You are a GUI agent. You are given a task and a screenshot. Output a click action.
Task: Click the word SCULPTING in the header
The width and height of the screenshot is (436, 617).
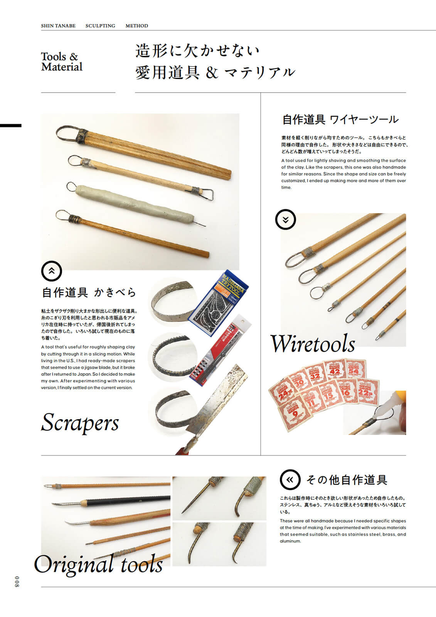[100, 26]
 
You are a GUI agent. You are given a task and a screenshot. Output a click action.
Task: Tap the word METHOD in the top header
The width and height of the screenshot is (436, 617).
[136, 26]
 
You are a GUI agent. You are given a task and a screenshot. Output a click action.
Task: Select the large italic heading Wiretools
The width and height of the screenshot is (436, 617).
[312, 344]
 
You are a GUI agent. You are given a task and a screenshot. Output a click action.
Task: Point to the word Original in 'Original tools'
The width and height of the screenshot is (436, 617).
[73, 565]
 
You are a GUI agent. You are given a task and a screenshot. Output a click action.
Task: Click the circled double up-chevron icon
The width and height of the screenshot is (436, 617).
[51, 271]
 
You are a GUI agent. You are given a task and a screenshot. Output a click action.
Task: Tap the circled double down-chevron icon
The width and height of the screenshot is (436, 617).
[285, 219]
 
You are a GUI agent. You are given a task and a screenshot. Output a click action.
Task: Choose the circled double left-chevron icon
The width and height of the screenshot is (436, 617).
[290, 479]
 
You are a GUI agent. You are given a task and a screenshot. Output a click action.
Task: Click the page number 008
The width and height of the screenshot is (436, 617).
[16, 582]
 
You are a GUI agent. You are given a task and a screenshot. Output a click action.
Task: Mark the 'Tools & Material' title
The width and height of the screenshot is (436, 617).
[62, 62]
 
